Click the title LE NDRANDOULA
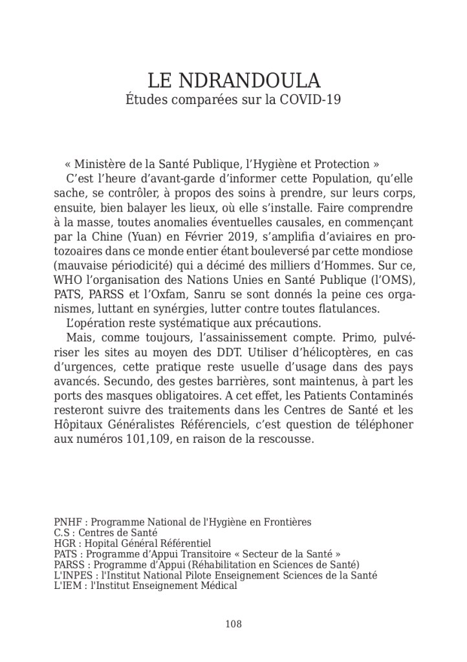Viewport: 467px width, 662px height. point(234,81)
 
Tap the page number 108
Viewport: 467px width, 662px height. point(234,624)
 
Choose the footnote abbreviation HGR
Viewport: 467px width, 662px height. point(64,544)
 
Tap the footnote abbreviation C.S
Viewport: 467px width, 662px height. point(61,533)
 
